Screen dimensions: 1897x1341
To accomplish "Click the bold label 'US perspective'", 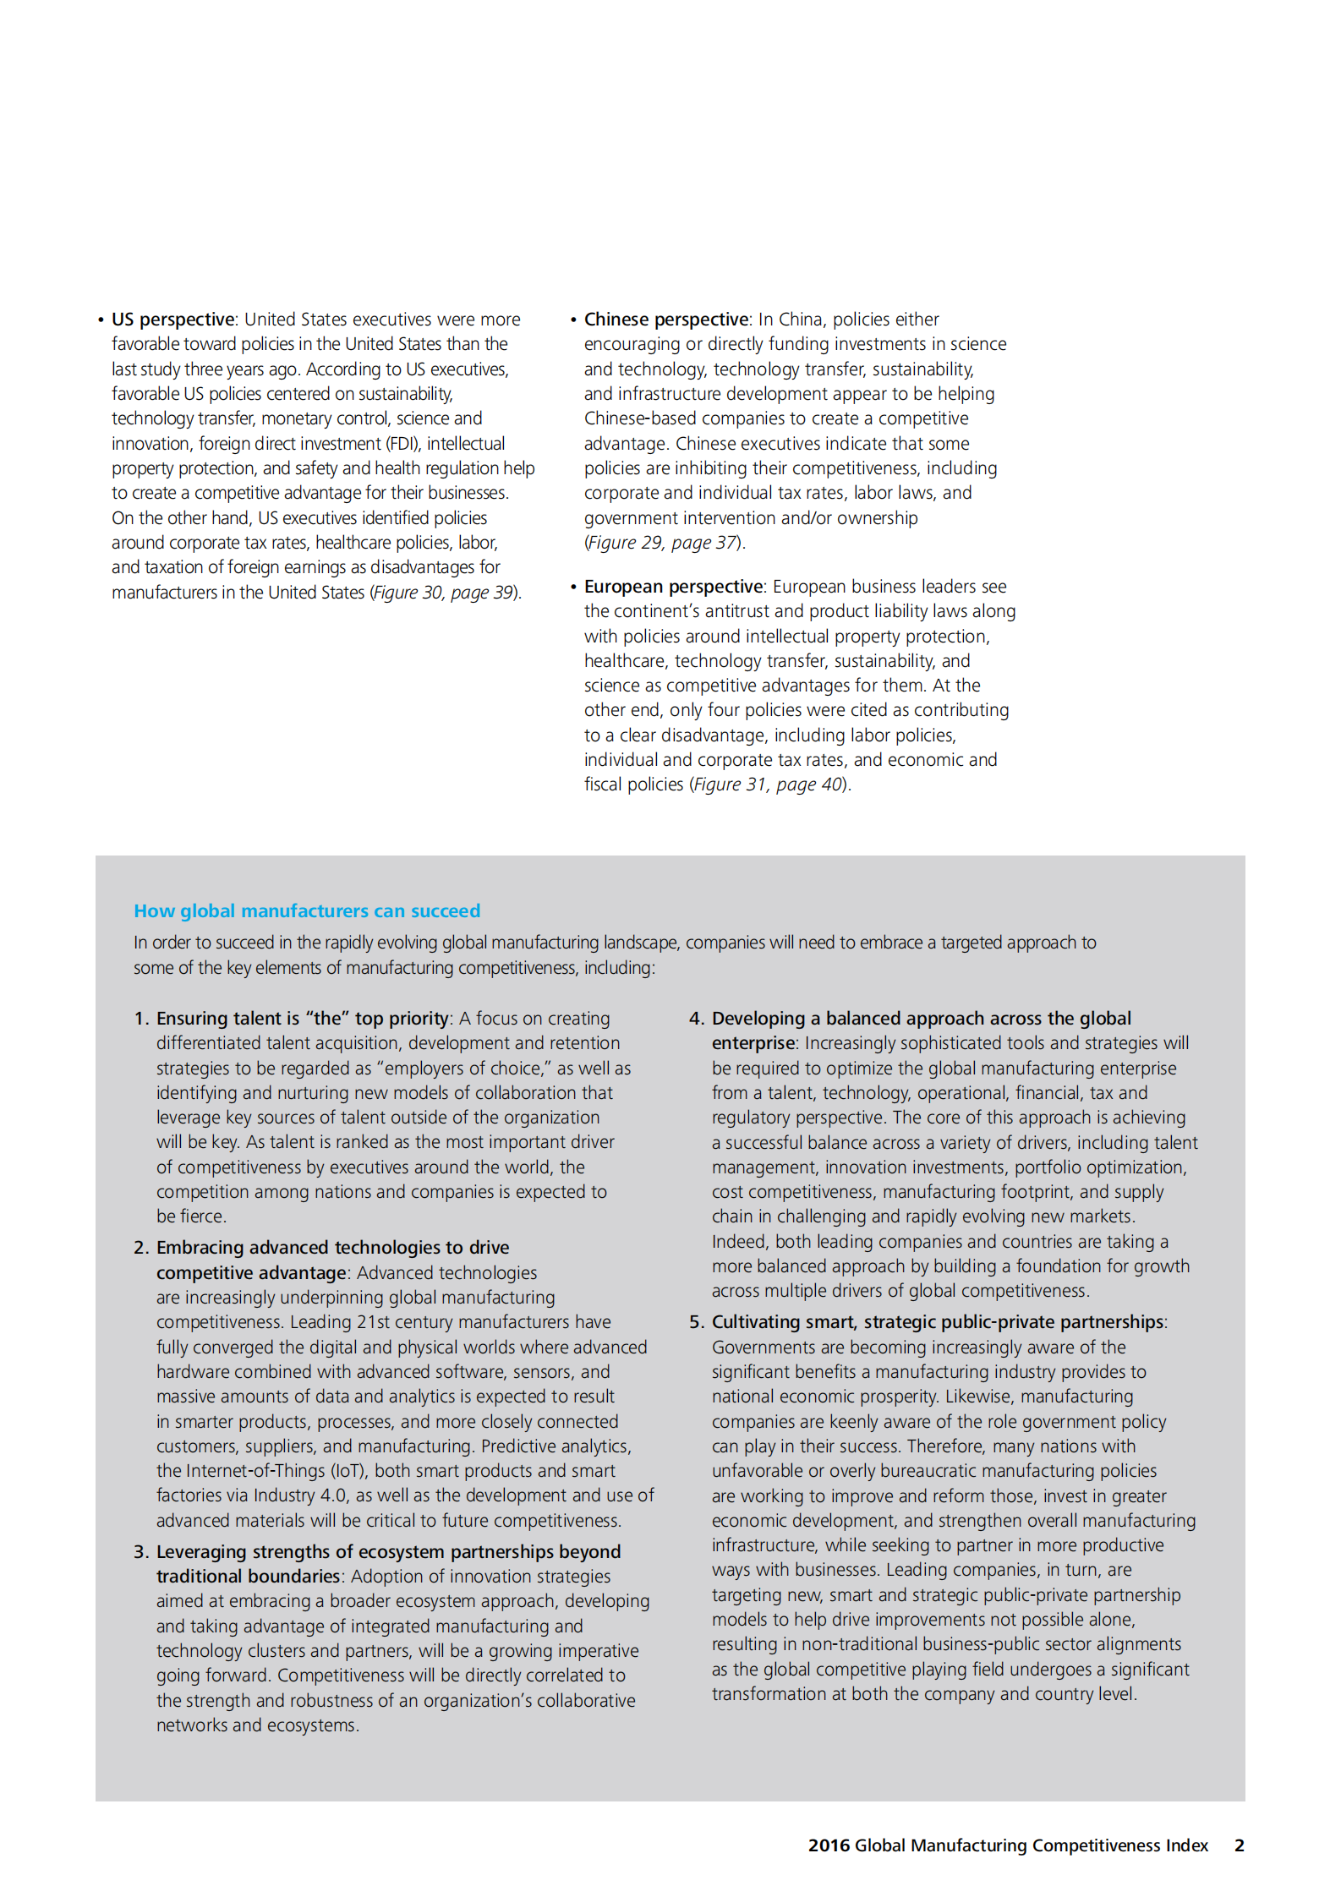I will (172, 320).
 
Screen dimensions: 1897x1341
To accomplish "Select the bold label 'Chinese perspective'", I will (666, 320).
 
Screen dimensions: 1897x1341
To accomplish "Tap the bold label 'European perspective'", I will (674, 587).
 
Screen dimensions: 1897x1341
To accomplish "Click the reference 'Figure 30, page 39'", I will (445, 593).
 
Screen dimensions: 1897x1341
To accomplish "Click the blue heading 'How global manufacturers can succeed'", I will (307, 911).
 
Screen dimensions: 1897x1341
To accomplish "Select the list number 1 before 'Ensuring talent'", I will (140, 1019).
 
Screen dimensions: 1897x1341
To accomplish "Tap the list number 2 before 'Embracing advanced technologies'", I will (140, 1248).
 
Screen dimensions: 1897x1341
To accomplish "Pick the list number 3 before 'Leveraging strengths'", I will (140, 1552).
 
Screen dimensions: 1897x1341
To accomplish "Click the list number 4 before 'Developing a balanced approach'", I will (696, 1019).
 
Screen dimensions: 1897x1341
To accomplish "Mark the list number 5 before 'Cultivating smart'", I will (696, 1322).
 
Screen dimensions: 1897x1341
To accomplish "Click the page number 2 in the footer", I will (1239, 1845).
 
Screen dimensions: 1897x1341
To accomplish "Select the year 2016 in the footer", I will (829, 1845).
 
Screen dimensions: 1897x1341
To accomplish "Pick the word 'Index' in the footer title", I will (1186, 1845).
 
